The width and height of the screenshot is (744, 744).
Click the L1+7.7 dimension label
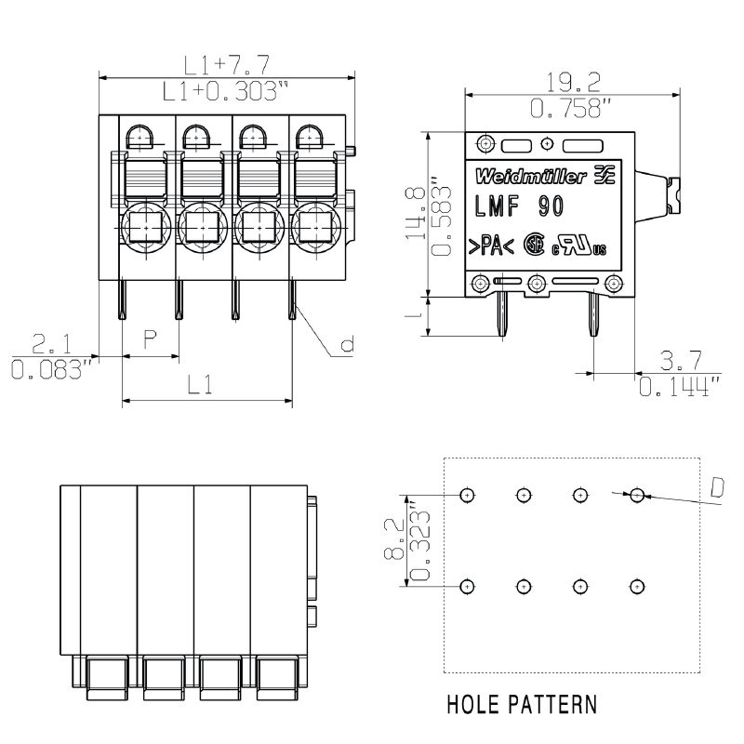pyautogui.click(x=226, y=65)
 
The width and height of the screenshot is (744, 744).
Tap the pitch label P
pyautogui.click(x=149, y=340)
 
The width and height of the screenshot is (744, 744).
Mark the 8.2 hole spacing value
pyautogui.click(x=393, y=539)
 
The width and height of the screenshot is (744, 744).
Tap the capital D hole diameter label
pyautogui.click(x=717, y=487)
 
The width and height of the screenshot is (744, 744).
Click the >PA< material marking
pyautogui.click(x=485, y=246)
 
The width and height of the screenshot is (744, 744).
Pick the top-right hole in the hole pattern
pyautogui.click(x=637, y=495)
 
